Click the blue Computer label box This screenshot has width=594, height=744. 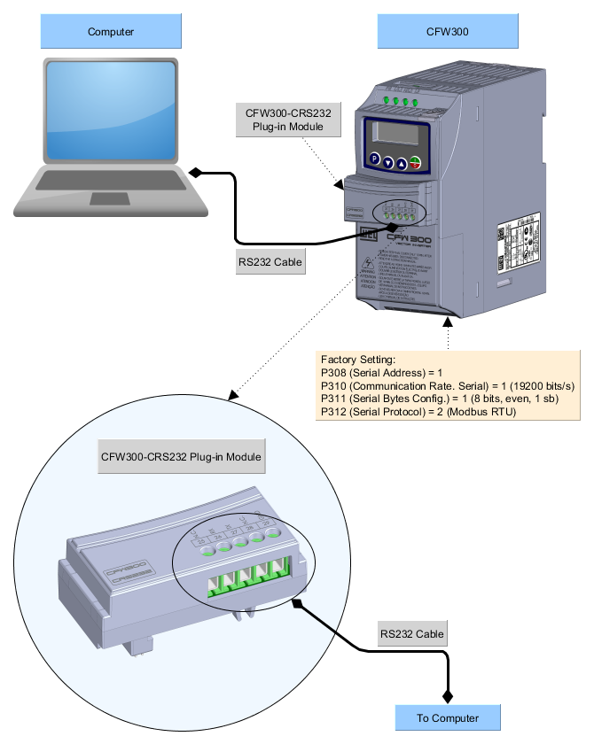click(x=111, y=32)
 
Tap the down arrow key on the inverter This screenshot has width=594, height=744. click(x=387, y=163)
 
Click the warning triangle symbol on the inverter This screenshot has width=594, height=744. click(x=368, y=264)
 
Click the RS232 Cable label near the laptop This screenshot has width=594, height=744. click(x=270, y=262)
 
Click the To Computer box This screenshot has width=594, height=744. click(x=448, y=717)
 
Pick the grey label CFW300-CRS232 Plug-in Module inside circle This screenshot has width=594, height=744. click(x=181, y=457)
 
